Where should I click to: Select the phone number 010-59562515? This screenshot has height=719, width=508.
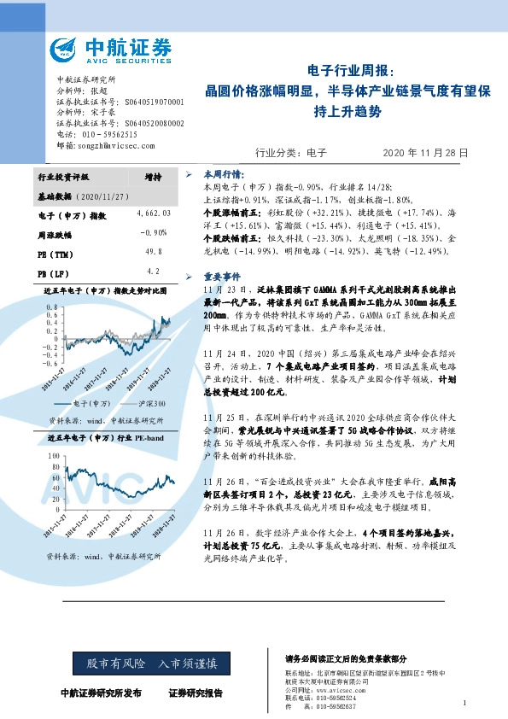coord(107,135)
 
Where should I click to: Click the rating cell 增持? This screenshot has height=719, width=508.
coord(154,177)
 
